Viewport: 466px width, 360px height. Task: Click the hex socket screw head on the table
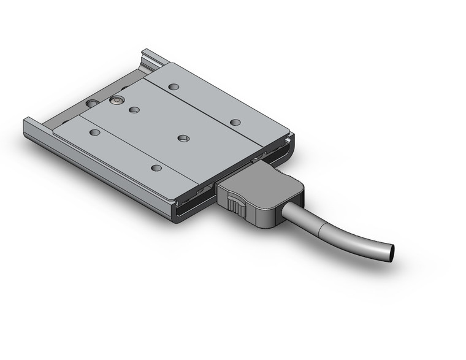click(116, 100)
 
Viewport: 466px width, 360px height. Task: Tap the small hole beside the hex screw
click(134, 110)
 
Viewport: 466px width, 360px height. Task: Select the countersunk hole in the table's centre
click(183, 139)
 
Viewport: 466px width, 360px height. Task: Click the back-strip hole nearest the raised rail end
click(174, 87)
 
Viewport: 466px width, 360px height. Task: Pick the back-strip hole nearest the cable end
click(235, 122)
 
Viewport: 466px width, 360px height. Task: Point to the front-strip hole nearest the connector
click(156, 167)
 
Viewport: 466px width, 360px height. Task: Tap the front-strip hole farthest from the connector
click(94, 132)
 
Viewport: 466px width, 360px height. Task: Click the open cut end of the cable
click(389, 253)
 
